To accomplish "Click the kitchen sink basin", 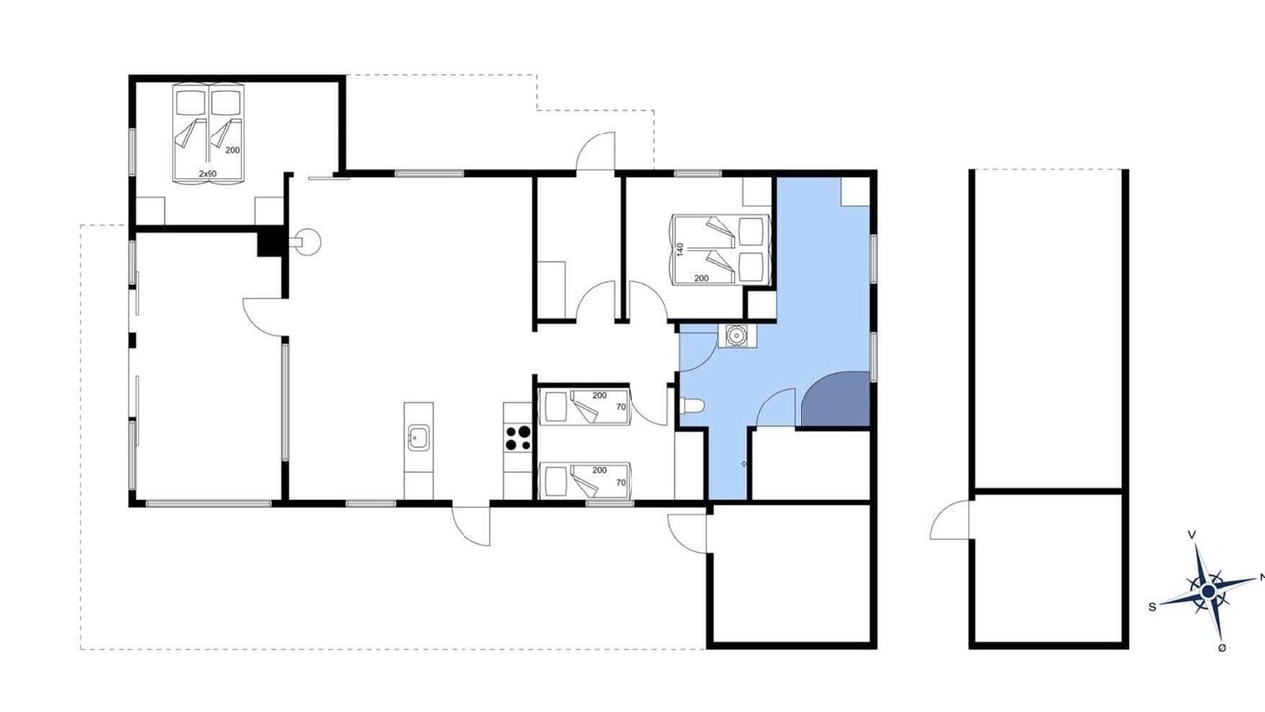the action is click(418, 438).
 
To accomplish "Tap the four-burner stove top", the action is click(518, 438).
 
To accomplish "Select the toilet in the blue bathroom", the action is click(693, 405).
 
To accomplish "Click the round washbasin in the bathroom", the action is click(737, 336).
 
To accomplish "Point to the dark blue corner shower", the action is click(836, 399).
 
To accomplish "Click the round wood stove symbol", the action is click(308, 242).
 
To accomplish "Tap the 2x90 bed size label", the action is click(208, 173).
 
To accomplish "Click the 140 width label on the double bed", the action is click(680, 249).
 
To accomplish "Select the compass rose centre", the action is click(1207, 591).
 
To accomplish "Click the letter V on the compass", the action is click(1192, 534).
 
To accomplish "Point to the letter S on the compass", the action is click(1152, 607).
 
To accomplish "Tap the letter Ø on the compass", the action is click(1222, 648).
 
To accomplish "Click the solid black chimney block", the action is click(270, 241).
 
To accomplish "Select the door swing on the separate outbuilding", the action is click(950, 519).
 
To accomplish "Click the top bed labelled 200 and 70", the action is click(584, 406).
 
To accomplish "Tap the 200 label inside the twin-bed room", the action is click(232, 150).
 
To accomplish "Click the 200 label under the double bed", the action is click(701, 278).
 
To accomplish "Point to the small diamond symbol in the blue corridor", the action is click(744, 464).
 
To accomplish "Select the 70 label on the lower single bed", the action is click(621, 482).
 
